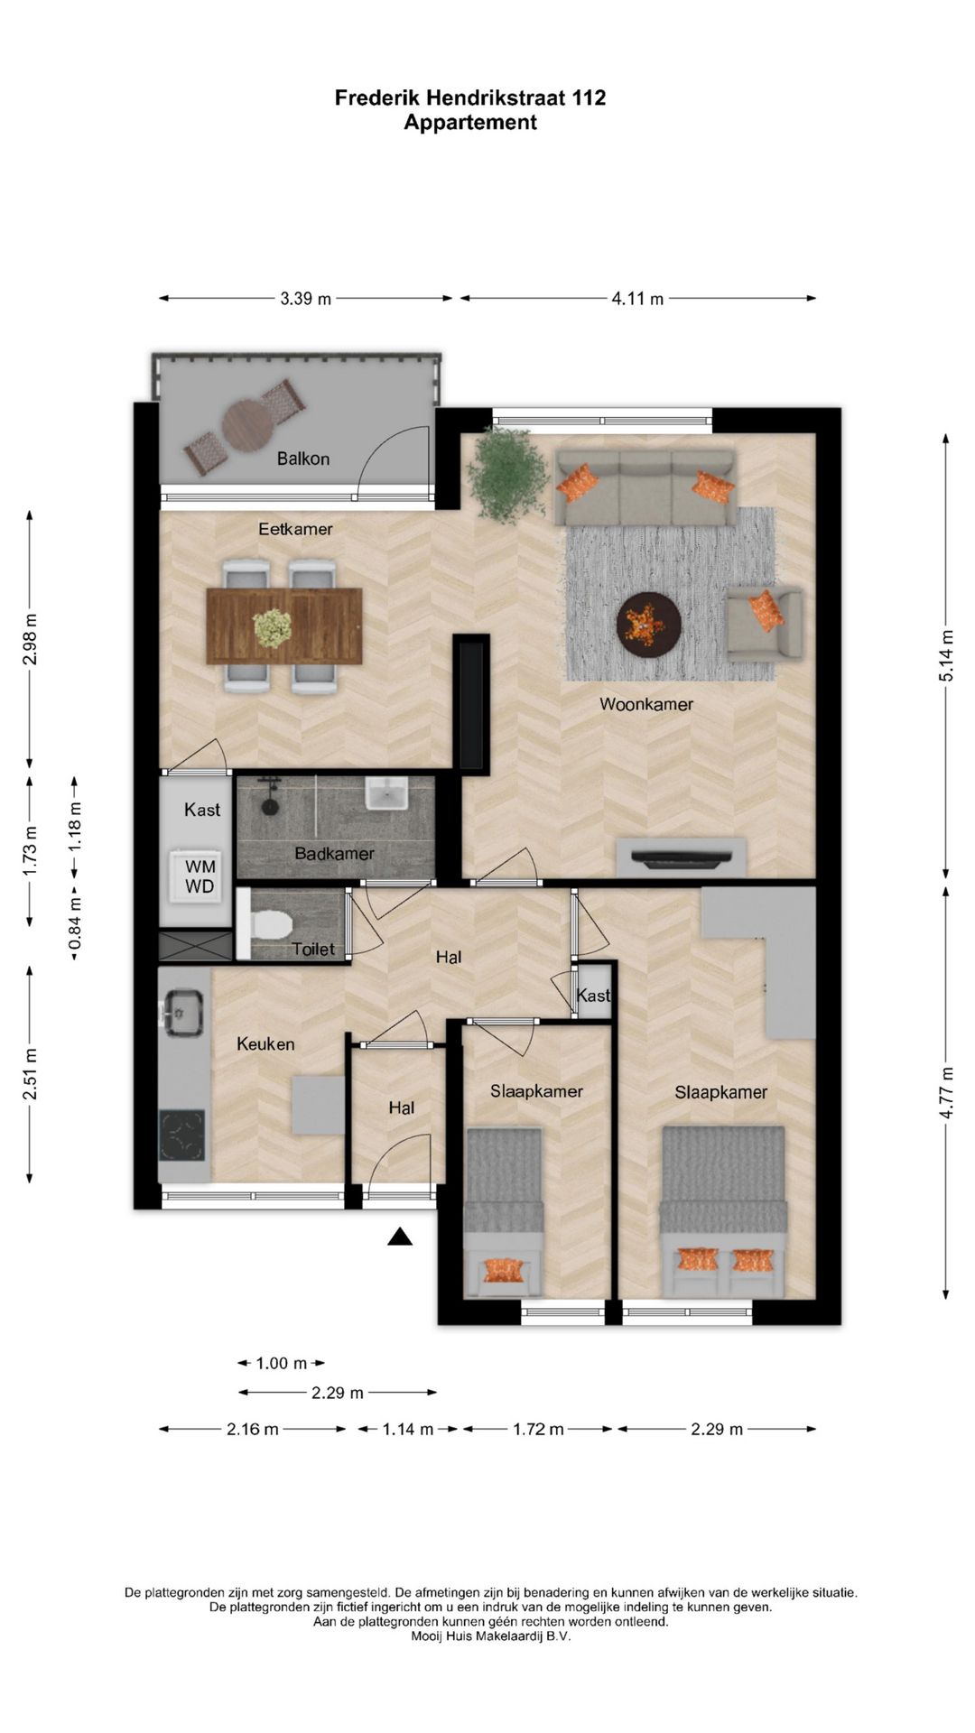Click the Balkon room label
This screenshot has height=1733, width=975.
pos(303,459)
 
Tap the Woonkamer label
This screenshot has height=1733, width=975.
pos(646,704)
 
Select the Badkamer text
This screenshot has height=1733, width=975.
pos(334,853)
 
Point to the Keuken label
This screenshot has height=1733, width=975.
pos(265,1043)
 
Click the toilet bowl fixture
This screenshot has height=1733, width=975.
pos(271,924)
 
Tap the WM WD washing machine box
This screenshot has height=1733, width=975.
pos(200,876)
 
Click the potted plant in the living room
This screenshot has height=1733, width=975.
pos(509,473)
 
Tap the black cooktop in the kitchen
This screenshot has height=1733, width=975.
pos(182,1135)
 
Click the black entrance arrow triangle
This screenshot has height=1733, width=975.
pos(400,1237)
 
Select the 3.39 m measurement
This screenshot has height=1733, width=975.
pos(305,299)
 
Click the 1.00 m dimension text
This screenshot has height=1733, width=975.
pos(282,1363)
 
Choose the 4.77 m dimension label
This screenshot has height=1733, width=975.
pos(946,1093)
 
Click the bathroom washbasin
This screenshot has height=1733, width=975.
pos(387,794)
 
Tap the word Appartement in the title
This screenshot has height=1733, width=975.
pos(470,123)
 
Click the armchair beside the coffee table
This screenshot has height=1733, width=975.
pos(764,623)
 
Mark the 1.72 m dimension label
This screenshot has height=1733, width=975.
pos(538,1429)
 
